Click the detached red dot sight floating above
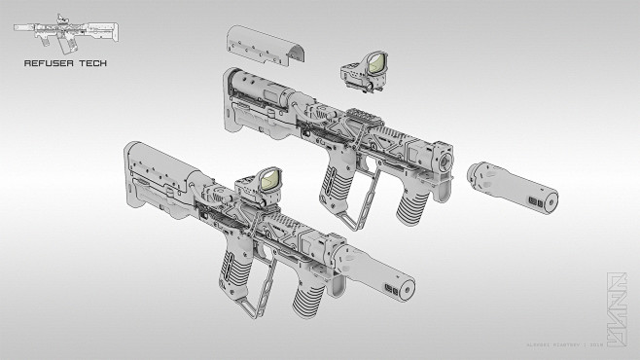click(x=365, y=72)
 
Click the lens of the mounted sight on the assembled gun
click(x=268, y=179)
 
